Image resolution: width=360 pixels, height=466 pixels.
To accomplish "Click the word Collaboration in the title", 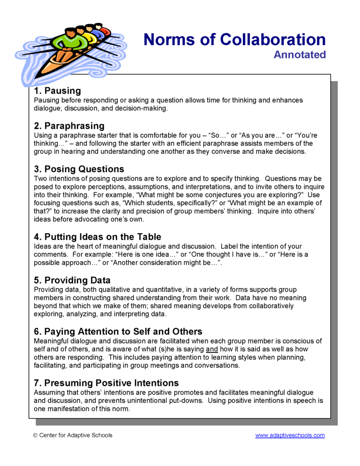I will coord(273,40).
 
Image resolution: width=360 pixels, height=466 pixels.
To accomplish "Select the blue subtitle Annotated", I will coord(299,55).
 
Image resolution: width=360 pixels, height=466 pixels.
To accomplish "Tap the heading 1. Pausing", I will coord(57,91).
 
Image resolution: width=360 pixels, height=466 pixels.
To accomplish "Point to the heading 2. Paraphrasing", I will coord(69,126).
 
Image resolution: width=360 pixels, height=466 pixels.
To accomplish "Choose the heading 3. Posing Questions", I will coord(79,169).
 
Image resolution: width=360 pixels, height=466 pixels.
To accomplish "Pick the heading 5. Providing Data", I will coord(72,280).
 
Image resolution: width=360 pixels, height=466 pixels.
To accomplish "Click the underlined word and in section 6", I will coord(212,349).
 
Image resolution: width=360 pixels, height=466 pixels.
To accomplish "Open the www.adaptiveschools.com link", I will coord(290,435).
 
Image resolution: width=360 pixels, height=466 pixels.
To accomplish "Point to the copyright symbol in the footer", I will coord(35,435).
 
